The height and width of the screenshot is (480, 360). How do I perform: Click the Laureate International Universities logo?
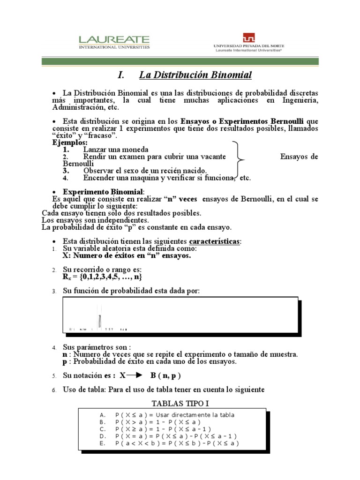coord(114,42)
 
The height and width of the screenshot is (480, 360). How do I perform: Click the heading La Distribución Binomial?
coord(195,75)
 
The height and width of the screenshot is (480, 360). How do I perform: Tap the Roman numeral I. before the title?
coord(121,75)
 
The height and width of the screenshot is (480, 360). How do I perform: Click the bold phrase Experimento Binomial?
coord(103,192)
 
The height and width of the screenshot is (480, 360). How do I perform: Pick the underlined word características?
coord(215,241)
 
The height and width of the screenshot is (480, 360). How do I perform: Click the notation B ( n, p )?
coord(165,375)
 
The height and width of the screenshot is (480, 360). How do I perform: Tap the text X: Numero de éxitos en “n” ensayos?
coord(127,256)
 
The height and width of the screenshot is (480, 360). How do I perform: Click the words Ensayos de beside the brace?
coord(299,157)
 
